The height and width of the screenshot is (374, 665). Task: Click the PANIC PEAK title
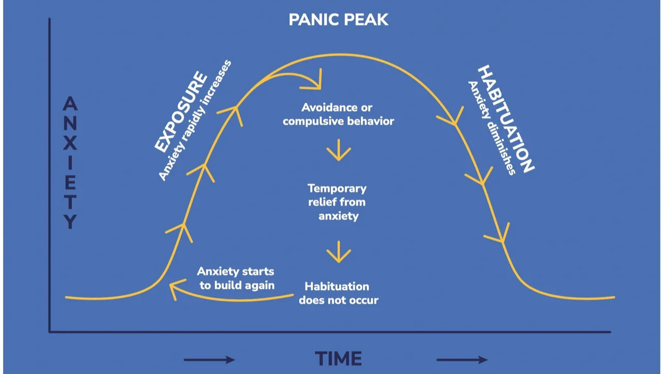pos(338,20)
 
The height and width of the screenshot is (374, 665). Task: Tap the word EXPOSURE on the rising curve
pos(181,113)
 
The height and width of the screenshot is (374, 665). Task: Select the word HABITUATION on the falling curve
pos(505,118)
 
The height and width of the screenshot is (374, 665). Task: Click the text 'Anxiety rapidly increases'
pos(194,121)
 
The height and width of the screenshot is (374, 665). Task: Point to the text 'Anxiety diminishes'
pos(491,128)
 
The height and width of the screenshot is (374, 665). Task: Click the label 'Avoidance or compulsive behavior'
pos(338,114)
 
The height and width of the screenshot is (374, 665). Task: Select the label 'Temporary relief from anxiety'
pos(337,202)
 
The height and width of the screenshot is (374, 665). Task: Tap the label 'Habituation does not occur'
pos(338,293)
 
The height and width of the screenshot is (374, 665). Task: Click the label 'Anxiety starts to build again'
pos(235,278)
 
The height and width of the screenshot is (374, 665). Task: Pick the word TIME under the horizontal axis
pos(338,359)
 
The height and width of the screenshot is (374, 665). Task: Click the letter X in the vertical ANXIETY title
pos(70,142)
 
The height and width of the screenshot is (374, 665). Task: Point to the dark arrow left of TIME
pos(209,359)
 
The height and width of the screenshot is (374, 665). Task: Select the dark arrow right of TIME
pos(461,359)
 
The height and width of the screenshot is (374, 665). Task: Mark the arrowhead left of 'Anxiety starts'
pos(177,289)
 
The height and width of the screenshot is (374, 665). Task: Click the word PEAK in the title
pos(367,20)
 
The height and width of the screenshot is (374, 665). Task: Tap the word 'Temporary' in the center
pos(337,188)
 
